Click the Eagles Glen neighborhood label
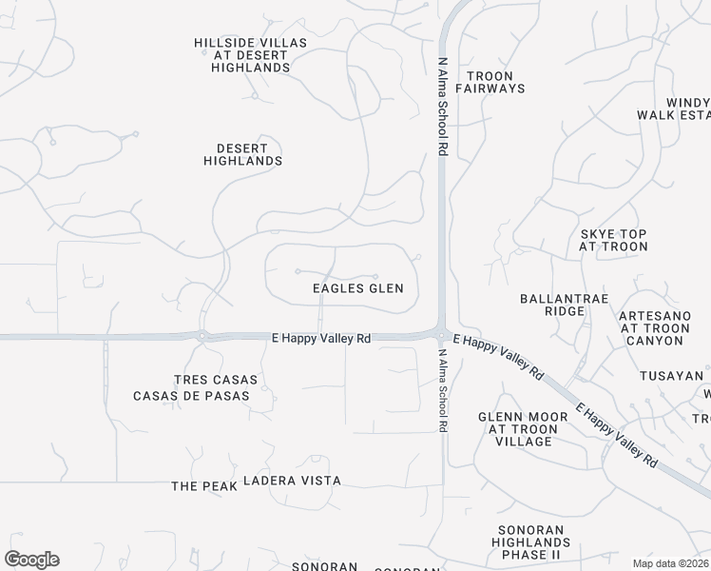pyautogui.click(x=358, y=288)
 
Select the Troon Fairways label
pyautogui.click(x=490, y=82)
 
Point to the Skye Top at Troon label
pyautogui.click(x=613, y=240)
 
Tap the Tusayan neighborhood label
pyautogui.click(x=671, y=376)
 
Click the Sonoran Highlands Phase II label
pyautogui.click(x=530, y=542)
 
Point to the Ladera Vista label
pyautogui.click(x=292, y=482)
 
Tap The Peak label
pyautogui.click(x=198, y=486)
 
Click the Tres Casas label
pyautogui.click(x=217, y=379)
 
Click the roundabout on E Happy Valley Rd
pyautogui.click(x=202, y=335)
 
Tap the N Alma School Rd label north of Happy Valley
pyautogui.click(x=442, y=105)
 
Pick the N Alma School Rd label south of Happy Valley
pyautogui.click(x=443, y=390)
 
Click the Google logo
pyautogui.click(x=31, y=560)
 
